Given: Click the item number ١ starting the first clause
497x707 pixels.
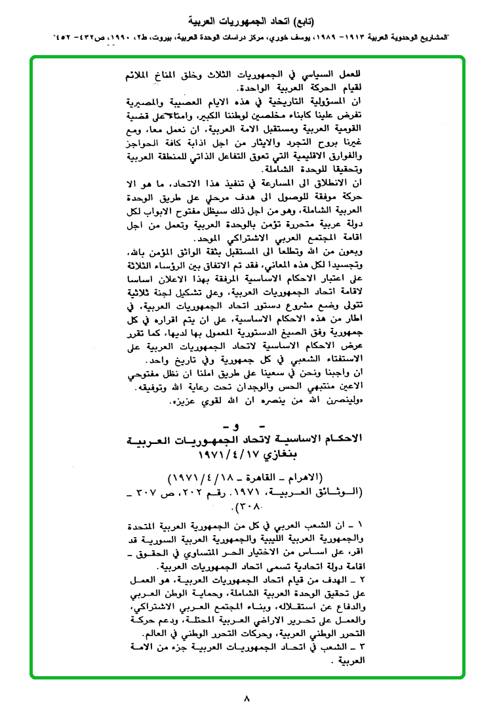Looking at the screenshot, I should pyautogui.click(x=358, y=525).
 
